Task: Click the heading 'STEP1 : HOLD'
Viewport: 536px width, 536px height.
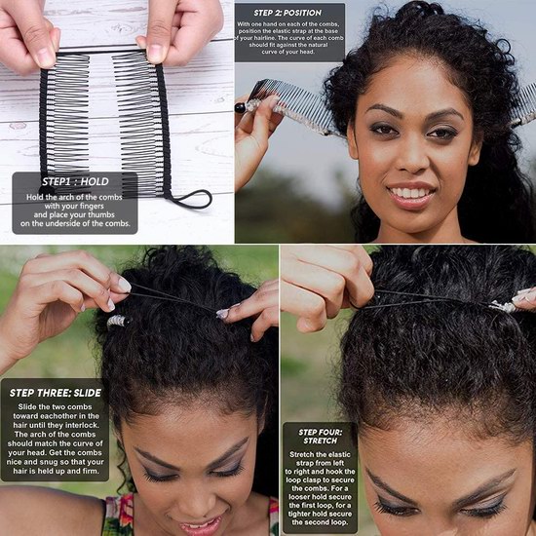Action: point(75,181)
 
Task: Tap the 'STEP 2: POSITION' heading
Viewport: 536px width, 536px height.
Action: point(287,13)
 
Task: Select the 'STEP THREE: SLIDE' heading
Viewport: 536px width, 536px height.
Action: point(56,393)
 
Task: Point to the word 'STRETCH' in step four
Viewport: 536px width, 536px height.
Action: point(321,440)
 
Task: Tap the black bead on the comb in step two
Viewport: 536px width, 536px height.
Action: point(240,108)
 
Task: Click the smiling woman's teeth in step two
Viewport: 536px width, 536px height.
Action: point(410,192)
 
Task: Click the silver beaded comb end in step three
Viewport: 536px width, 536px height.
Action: point(117,321)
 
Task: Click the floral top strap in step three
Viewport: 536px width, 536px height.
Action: point(118,515)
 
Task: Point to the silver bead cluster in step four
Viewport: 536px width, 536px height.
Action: point(502,306)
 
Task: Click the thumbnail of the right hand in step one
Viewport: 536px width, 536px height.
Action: point(156,54)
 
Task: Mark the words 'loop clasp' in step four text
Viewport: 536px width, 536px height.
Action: point(303,479)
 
